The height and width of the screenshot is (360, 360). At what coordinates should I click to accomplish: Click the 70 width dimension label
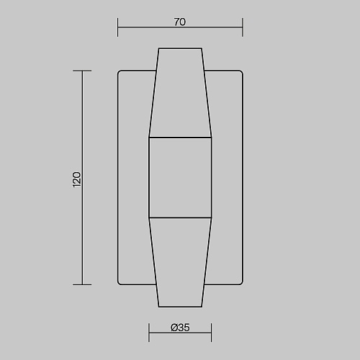(180, 22)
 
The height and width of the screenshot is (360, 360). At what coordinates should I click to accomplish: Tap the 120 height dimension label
(77, 179)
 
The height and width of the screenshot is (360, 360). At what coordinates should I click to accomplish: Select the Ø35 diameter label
(180, 328)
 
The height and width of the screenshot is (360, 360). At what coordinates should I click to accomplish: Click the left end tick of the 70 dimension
(117, 27)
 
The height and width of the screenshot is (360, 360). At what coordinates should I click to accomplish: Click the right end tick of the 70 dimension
(243, 27)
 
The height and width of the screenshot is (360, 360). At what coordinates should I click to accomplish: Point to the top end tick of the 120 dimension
(82, 71)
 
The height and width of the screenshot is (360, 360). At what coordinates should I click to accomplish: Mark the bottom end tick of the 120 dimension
(82, 285)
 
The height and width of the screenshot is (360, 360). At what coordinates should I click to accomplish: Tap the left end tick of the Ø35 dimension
(149, 333)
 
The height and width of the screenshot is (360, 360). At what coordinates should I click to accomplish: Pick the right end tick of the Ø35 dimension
(211, 333)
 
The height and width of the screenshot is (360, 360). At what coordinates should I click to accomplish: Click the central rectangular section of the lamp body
(180, 178)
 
